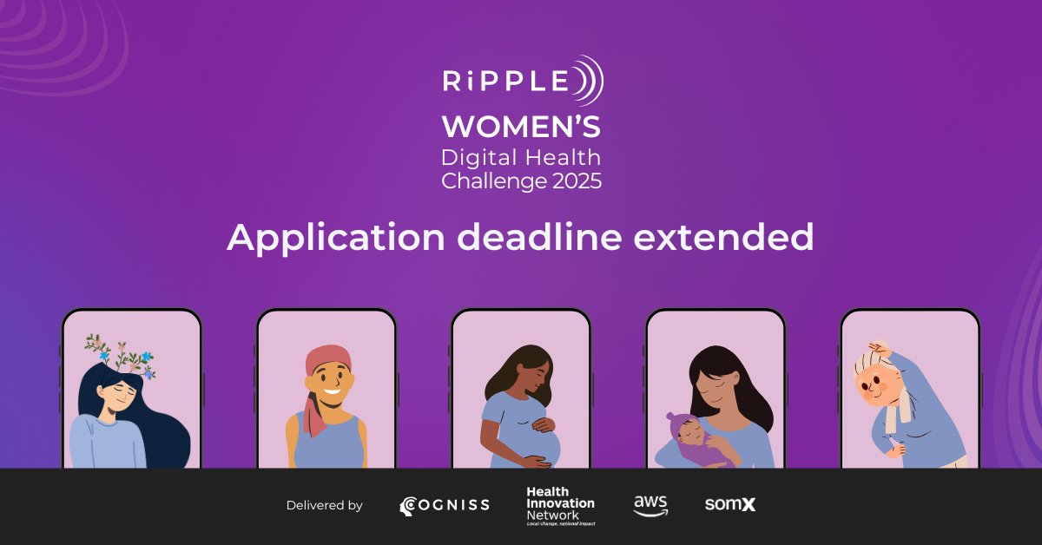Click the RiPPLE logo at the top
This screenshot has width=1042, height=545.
pyautogui.click(x=521, y=81)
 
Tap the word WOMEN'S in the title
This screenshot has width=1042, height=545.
pyautogui.click(x=520, y=128)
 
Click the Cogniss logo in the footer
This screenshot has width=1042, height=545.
pyautogui.click(x=444, y=505)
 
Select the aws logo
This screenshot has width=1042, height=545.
pyautogui.click(x=650, y=505)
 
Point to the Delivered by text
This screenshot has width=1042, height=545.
pyautogui.click(x=324, y=505)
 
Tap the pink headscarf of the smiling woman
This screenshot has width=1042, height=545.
pyautogui.click(x=326, y=366)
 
